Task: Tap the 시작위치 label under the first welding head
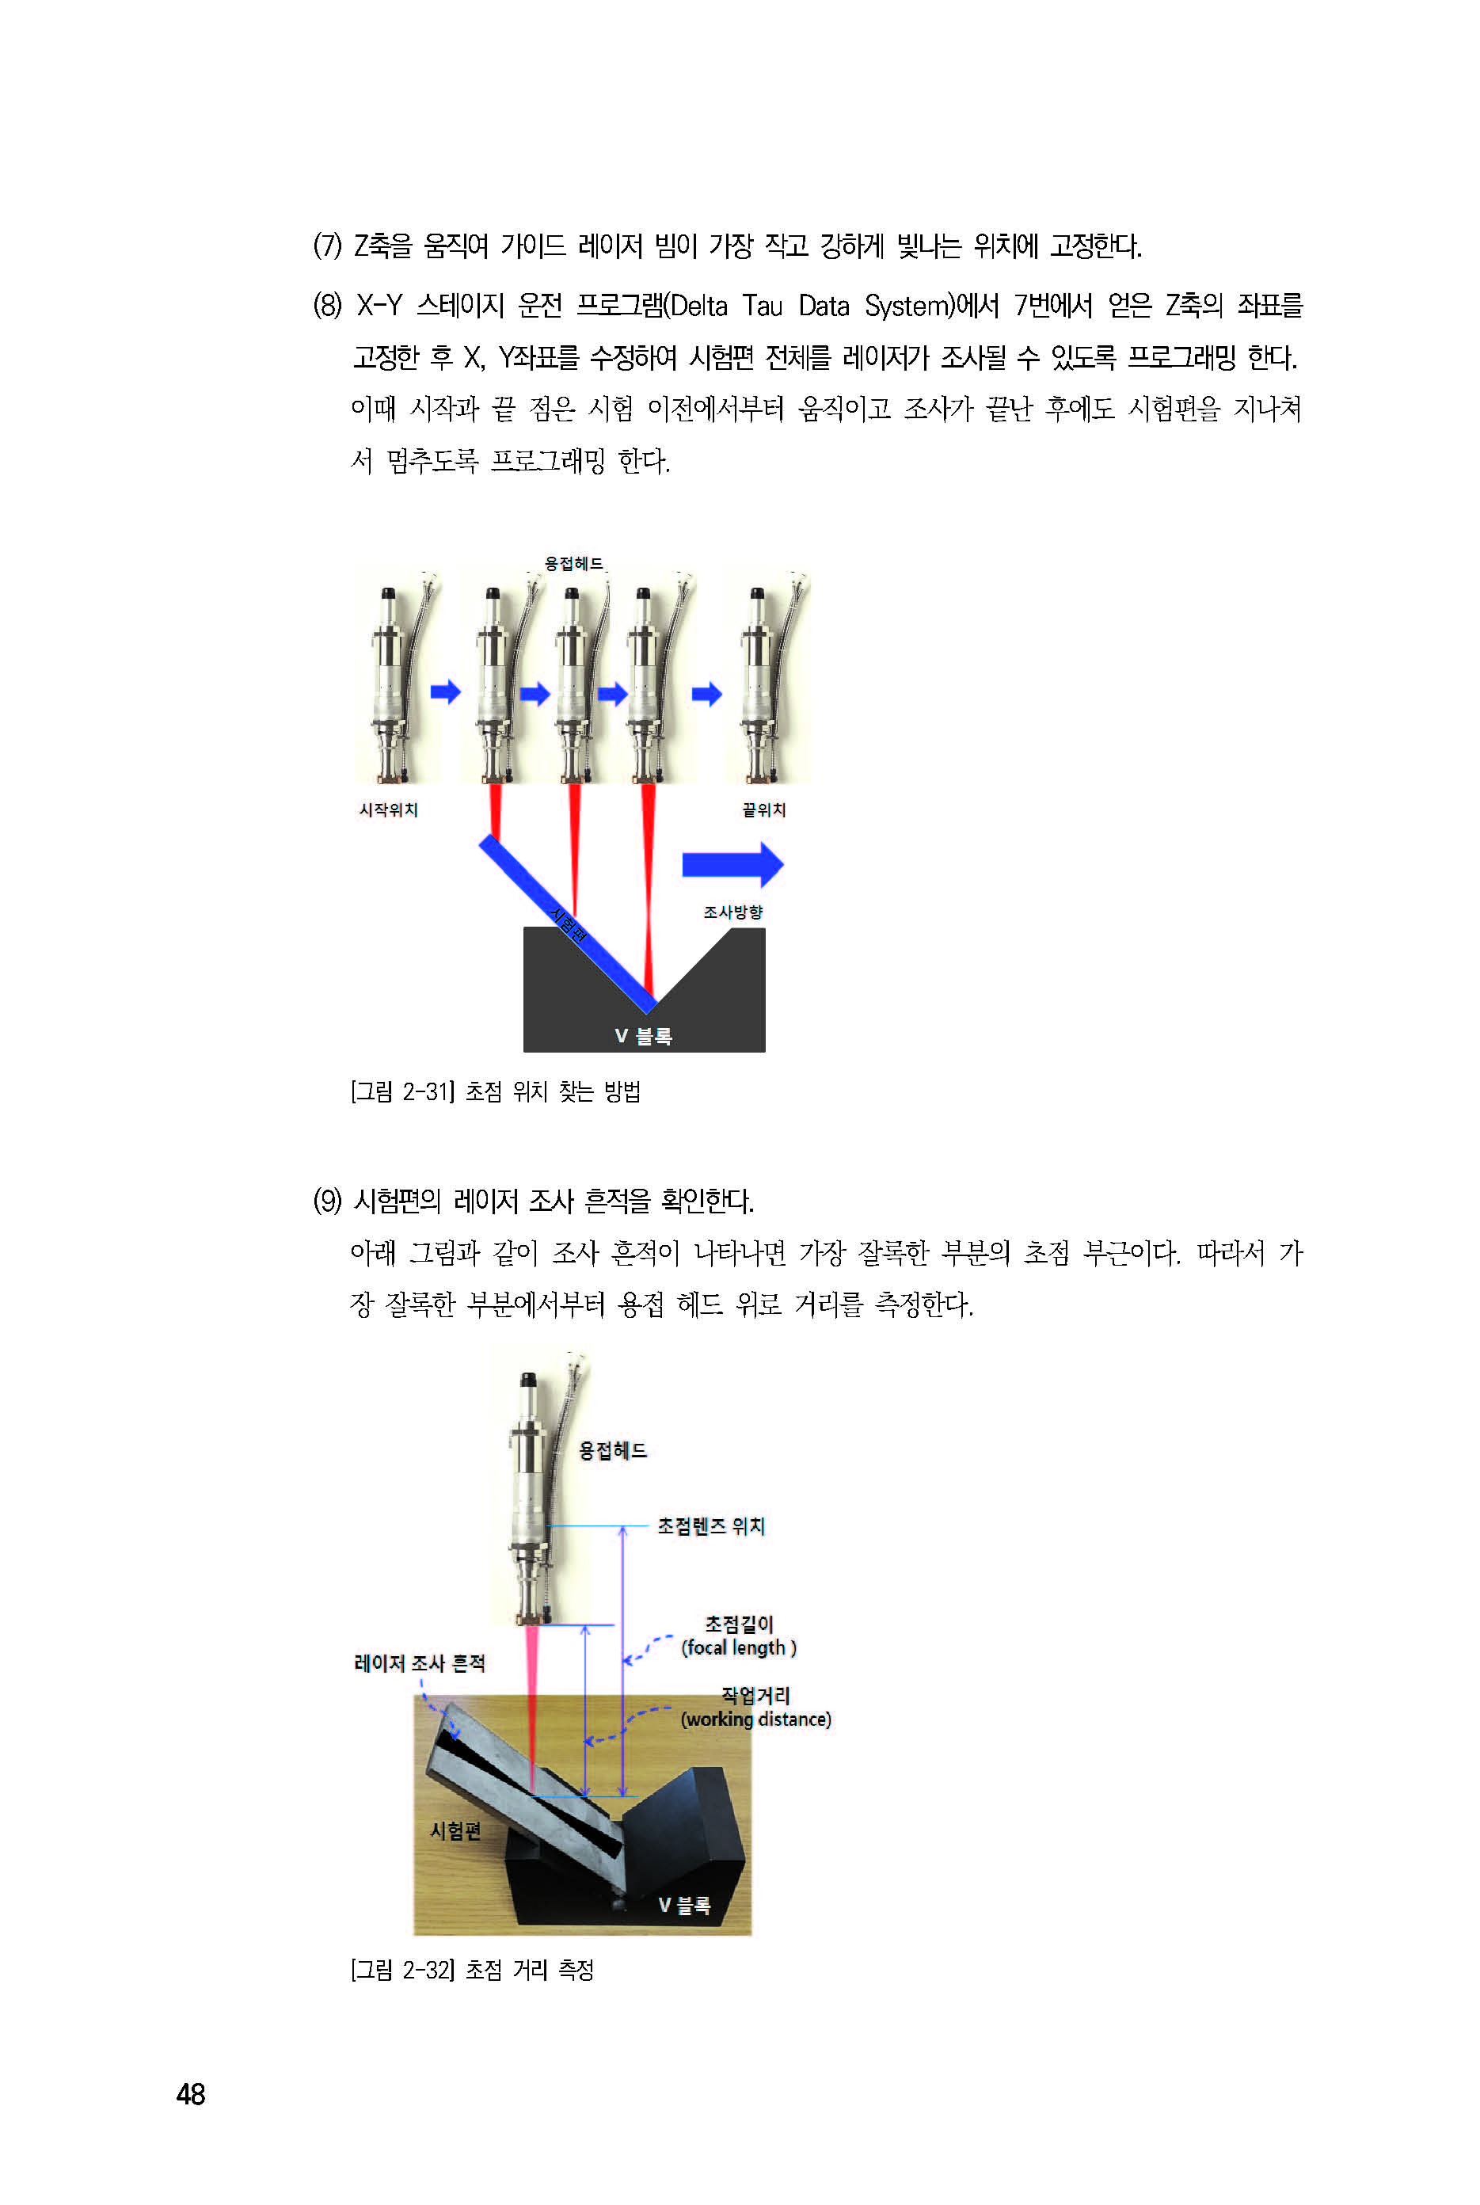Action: (388, 810)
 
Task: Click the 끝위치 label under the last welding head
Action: (763, 810)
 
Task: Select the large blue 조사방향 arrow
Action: (732, 865)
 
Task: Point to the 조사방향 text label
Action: (733, 912)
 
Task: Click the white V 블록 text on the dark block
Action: (644, 1037)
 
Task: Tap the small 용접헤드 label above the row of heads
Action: (574, 563)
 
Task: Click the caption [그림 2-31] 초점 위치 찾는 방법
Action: (496, 1092)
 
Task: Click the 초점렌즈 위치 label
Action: (711, 1526)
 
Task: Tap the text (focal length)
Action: (739, 1647)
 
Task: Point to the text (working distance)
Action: (756, 1719)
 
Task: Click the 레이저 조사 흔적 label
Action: (419, 1663)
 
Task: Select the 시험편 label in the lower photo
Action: (456, 1831)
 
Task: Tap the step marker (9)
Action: (328, 1201)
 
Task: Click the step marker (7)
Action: (328, 246)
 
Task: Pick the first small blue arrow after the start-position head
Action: (446, 692)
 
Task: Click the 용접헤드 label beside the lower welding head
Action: (613, 1451)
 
